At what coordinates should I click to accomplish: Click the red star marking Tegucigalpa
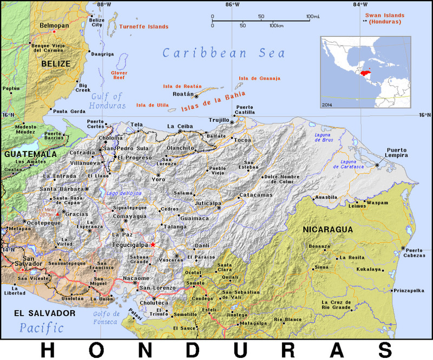tap(153, 245)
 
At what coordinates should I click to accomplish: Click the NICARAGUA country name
tap(327, 230)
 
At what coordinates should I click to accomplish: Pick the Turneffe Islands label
tap(143, 26)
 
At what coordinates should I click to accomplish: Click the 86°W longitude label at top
tap(233, 5)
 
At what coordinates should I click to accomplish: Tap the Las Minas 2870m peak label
tap(45, 212)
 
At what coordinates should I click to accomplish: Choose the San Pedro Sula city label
tap(127, 148)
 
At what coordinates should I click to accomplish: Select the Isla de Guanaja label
tap(260, 78)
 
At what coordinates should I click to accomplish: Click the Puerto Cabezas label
tap(414, 253)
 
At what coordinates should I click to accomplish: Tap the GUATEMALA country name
tap(31, 154)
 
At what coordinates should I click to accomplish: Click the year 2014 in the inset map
tap(327, 103)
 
